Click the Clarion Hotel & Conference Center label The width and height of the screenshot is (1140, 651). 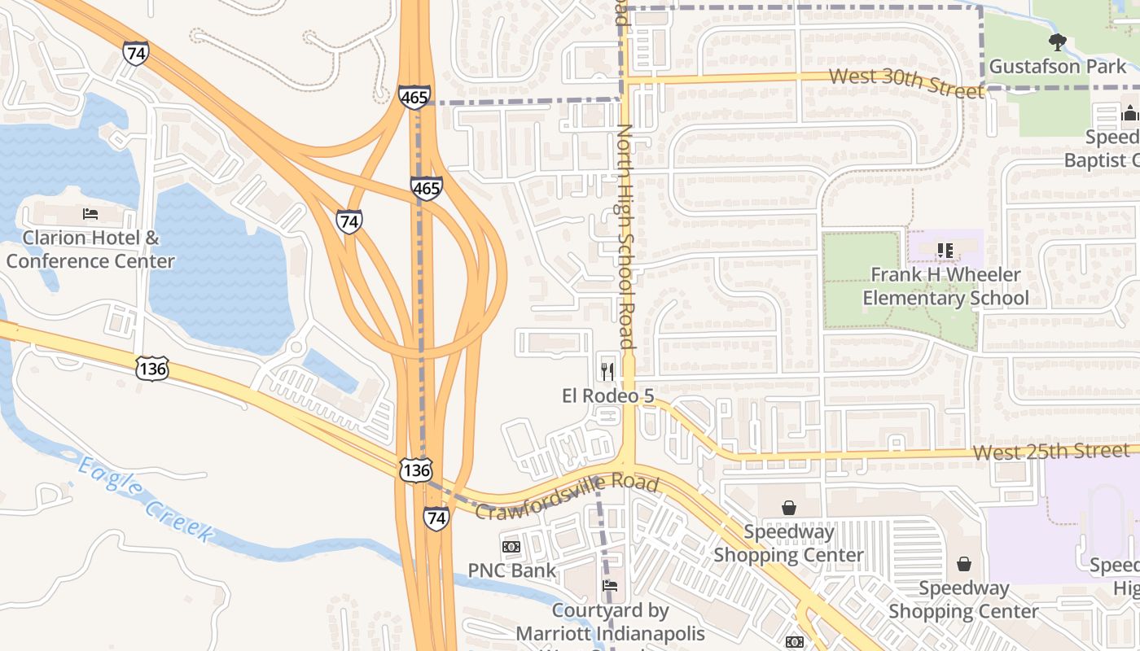tap(90, 250)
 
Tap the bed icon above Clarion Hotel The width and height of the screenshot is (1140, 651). tap(90, 214)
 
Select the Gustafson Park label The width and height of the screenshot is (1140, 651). tap(1057, 66)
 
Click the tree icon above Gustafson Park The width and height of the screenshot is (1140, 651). tap(1057, 42)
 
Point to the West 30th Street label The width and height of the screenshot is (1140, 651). tap(906, 81)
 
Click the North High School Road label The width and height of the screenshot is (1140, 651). tap(625, 236)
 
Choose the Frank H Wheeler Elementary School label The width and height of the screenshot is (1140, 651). tap(945, 286)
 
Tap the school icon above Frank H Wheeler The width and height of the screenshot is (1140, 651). tap(945, 251)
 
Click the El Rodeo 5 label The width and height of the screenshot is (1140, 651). tap(607, 395)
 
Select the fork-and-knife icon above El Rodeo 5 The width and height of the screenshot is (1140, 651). tap(607, 371)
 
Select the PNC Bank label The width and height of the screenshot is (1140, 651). tap(512, 570)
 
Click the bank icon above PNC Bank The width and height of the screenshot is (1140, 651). tap(511, 546)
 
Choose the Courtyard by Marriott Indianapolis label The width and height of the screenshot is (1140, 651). tap(610, 622)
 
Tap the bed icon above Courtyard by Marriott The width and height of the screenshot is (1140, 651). tap(610, 586)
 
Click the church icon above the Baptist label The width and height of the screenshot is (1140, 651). tap(1130, 113)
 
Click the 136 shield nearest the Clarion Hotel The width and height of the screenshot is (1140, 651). tap(152, 368)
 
